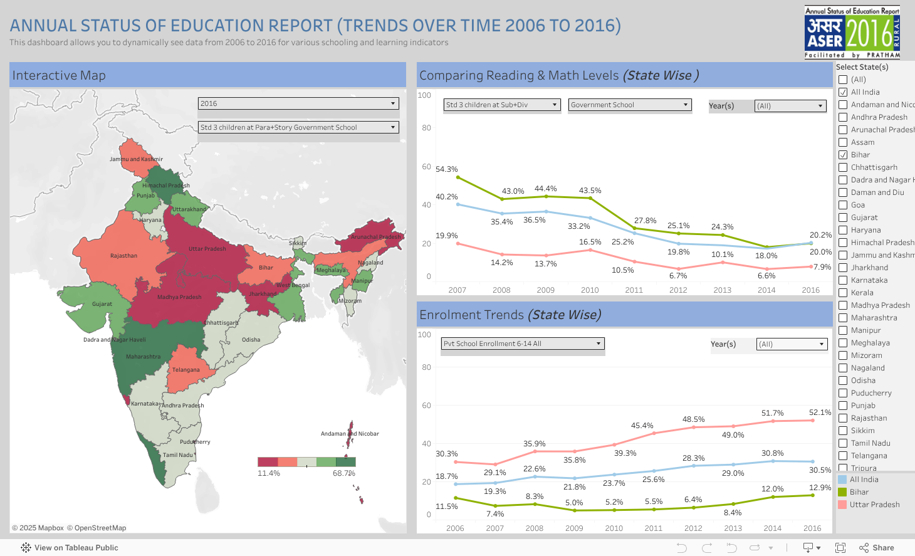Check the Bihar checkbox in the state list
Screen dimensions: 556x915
[843, 155]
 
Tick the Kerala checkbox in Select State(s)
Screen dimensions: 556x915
[843, 293]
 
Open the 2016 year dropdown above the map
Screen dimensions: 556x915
[298, 103]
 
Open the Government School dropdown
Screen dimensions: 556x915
[630, 105]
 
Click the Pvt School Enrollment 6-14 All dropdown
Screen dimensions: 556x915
[523, 344]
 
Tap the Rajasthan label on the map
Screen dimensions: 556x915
[123, 256]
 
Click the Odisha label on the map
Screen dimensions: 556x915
[251, 340]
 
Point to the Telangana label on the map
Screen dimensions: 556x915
[186, 370]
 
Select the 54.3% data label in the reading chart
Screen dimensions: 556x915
[447, 169]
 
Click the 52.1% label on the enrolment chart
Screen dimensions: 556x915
[820, 412]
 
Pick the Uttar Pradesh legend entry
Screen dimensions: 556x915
[874, 505]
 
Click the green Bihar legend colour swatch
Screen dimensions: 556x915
[842, 492]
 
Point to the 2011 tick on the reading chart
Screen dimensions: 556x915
[634, 290]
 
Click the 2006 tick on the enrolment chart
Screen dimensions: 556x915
[455, 528]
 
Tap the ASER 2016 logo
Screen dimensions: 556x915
[852, 33]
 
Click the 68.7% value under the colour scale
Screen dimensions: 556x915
[343, 473]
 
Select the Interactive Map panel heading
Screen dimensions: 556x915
[59, 75]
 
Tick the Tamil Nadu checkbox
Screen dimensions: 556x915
[843, 443]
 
